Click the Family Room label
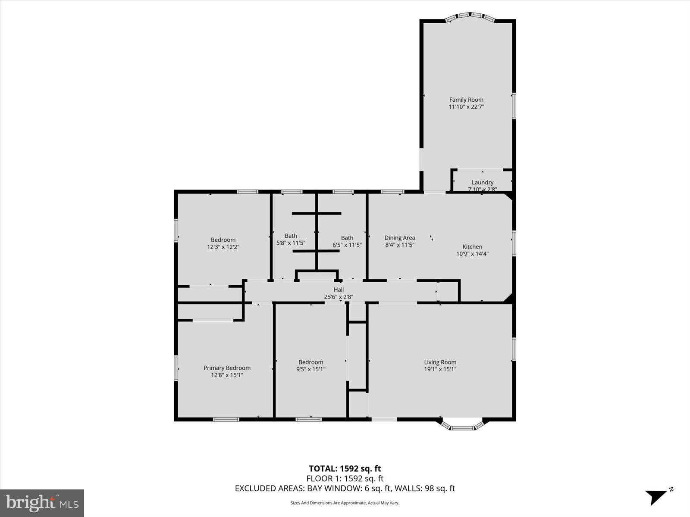point(466,100)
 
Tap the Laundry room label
point(482,182)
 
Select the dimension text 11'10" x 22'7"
point(466,107)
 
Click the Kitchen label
point(472,246)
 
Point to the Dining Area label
point(400,237)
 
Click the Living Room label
point(440,362)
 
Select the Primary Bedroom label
point(227,368)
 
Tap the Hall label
point(339,290)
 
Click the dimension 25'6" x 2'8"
point(339,296)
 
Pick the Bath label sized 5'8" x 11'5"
point(291,236)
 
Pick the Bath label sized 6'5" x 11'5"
point(347,237)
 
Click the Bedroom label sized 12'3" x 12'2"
point(223,240)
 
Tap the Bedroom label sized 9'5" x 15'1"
point(310,362)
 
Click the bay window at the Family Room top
point(470,16)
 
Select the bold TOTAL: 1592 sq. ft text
point(345,468)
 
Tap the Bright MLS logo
point(42,503)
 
